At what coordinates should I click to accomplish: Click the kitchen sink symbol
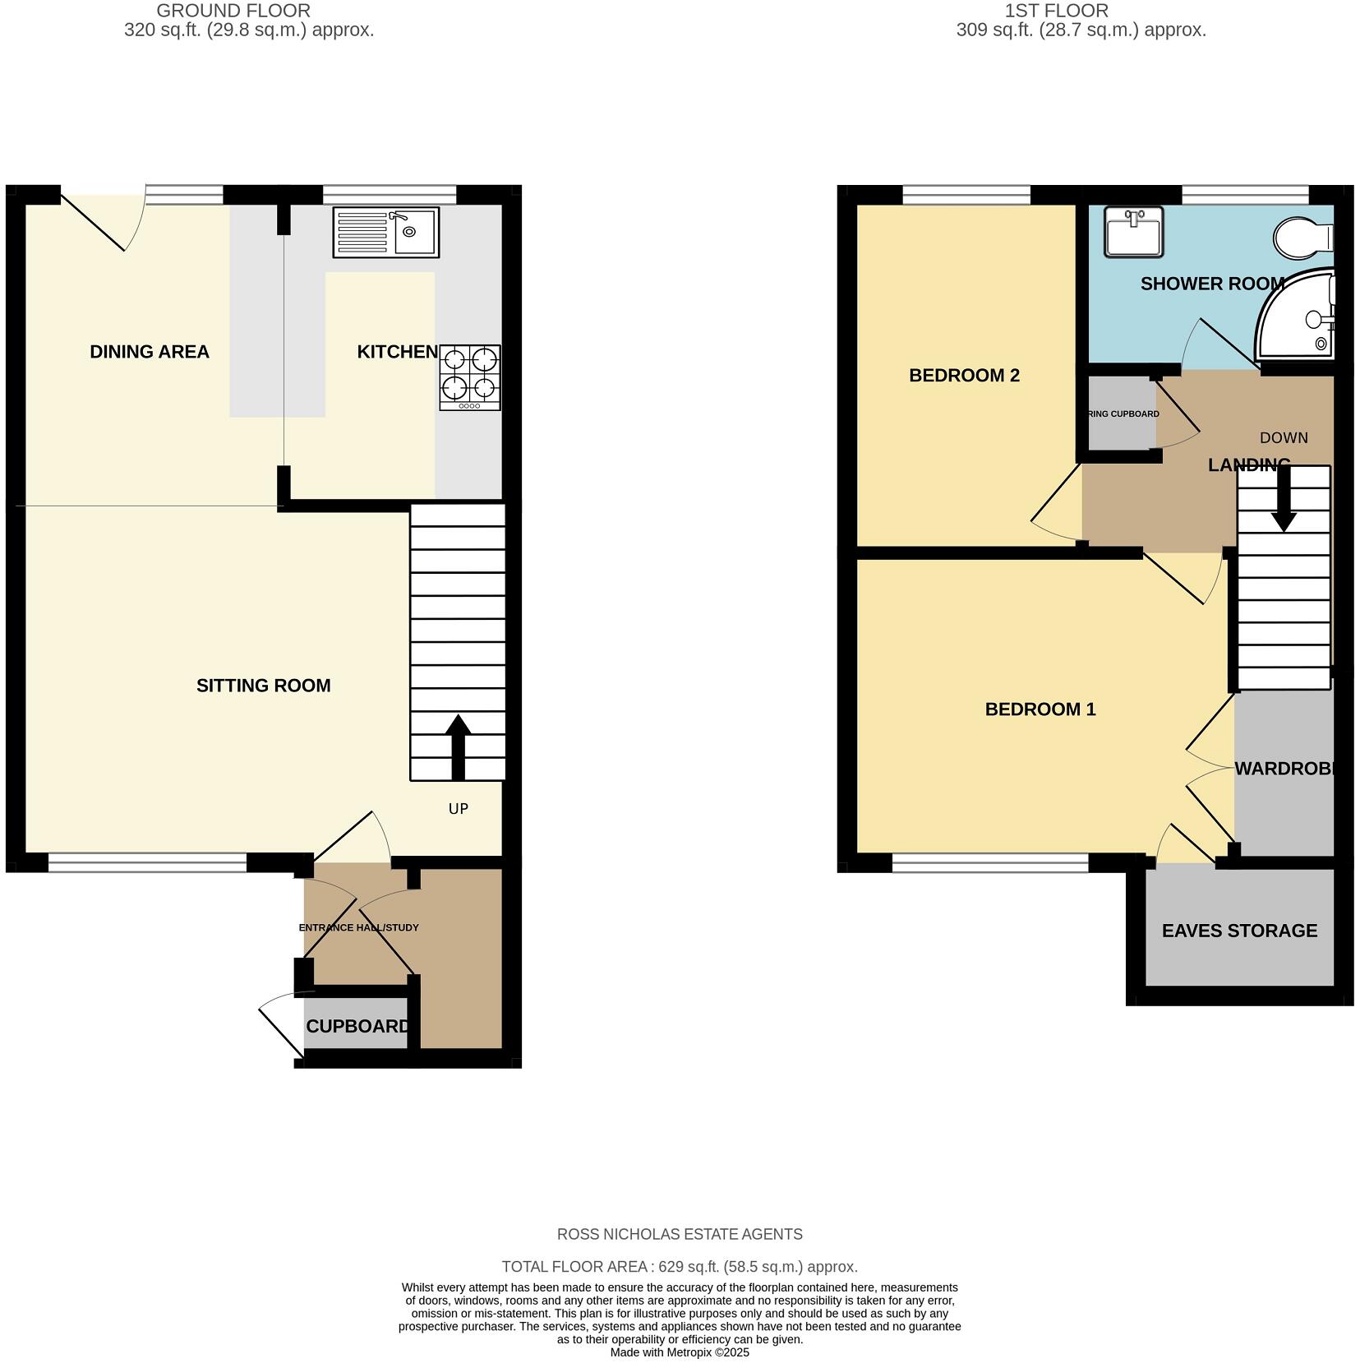click(386, 231)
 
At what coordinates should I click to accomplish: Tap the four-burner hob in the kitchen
click(470, 377)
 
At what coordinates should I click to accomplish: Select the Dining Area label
click(150, 352)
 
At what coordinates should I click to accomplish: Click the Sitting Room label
click(263, 686)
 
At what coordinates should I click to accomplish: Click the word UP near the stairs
click(459, 809)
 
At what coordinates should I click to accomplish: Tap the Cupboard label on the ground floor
click(357, 1026)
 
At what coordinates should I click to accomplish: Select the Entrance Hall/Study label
click(358, 927)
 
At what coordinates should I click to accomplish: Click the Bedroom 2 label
click(964, 376)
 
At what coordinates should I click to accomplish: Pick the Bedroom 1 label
click(1040, 709)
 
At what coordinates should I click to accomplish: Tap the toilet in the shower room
click(1302, 238)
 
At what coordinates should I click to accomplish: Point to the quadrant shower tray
click(1296, 316)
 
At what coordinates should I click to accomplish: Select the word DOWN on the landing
click(1284, 438)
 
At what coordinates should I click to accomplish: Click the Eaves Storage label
click(1239, 931)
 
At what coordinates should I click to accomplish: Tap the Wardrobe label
click(1287, 769)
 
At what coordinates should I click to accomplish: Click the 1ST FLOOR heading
click(1056, 11)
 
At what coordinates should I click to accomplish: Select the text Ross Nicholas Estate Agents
click(680, 1234)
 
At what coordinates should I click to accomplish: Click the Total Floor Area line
click(680, 1267)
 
